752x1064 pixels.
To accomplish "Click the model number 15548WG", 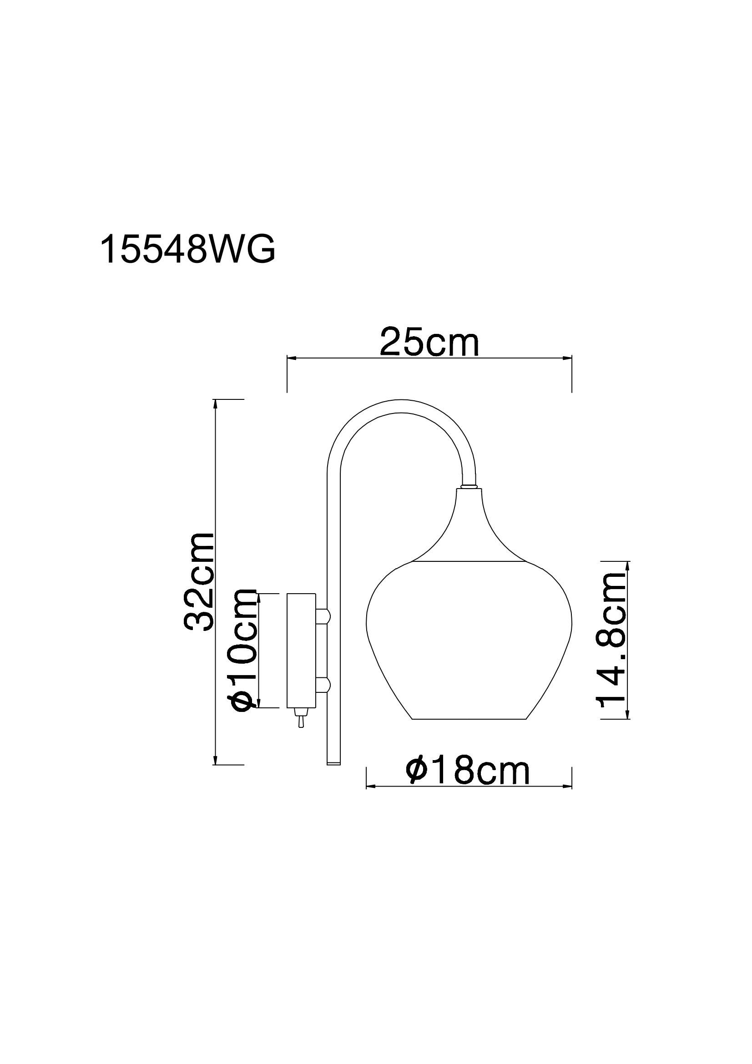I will pos(187,249).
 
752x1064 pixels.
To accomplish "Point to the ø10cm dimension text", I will pos(244,656).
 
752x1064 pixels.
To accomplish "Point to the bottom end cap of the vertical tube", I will pos(333,762).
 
